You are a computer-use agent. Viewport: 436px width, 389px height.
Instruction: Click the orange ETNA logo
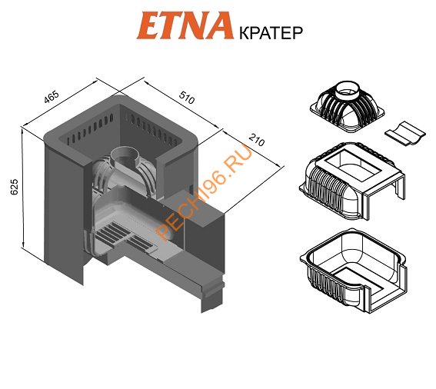point(185,25)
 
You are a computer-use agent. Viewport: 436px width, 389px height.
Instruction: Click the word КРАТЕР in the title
point(271,33)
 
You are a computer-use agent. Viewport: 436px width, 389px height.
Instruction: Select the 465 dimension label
point(52,97)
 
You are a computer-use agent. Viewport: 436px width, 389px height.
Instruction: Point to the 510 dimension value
point(187,98)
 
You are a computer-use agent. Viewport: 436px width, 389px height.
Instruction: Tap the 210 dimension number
point(256,140)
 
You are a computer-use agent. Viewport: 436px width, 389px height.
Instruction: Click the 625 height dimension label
point(14,187)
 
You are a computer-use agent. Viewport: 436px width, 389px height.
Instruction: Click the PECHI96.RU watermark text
point(204,192)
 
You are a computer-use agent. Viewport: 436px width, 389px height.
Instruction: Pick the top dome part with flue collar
point(348,107)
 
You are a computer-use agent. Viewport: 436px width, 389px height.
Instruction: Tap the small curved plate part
point(405,134)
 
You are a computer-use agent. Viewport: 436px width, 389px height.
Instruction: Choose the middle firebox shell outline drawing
point(352,181)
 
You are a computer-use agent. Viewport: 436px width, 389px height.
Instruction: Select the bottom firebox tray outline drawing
point(353,271)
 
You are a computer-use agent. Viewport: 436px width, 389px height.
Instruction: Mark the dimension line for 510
point(184,105)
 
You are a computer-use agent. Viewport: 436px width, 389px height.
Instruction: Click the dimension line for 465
point(60,103)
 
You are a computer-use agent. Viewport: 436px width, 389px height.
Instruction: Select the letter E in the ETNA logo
point(150,25)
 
